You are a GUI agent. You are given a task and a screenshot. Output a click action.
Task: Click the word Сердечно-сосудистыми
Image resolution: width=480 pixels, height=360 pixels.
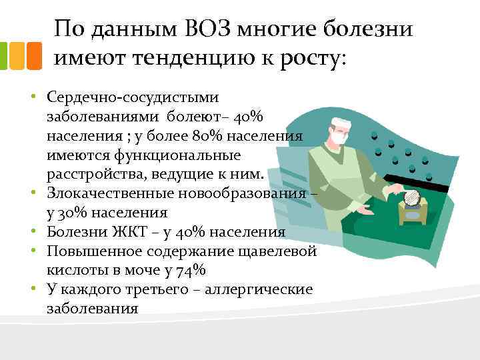(x=133, y=97)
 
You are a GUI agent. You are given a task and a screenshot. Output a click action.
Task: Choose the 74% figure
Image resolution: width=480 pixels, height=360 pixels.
(x=191, y=271)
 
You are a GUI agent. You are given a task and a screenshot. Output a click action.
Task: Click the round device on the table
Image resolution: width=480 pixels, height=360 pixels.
(x=411, y=199)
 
